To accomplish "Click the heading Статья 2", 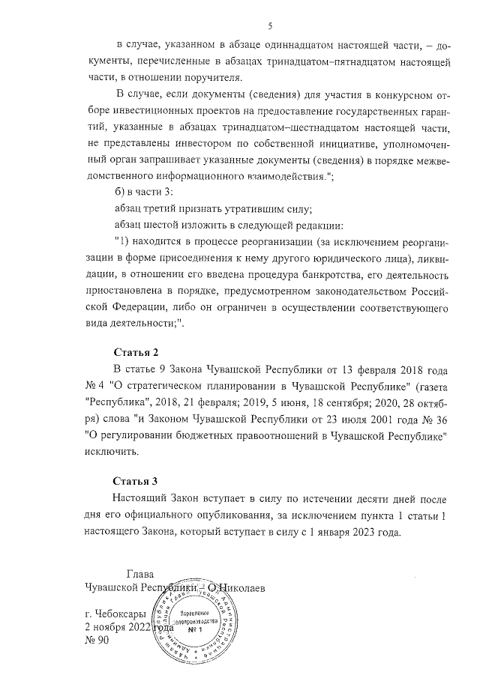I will pyautogui.click(x=136, y=351).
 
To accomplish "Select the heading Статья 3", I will pyautogui.click(x=136, y=480).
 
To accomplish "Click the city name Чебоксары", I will pyautogui.click(x=115, y=614).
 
